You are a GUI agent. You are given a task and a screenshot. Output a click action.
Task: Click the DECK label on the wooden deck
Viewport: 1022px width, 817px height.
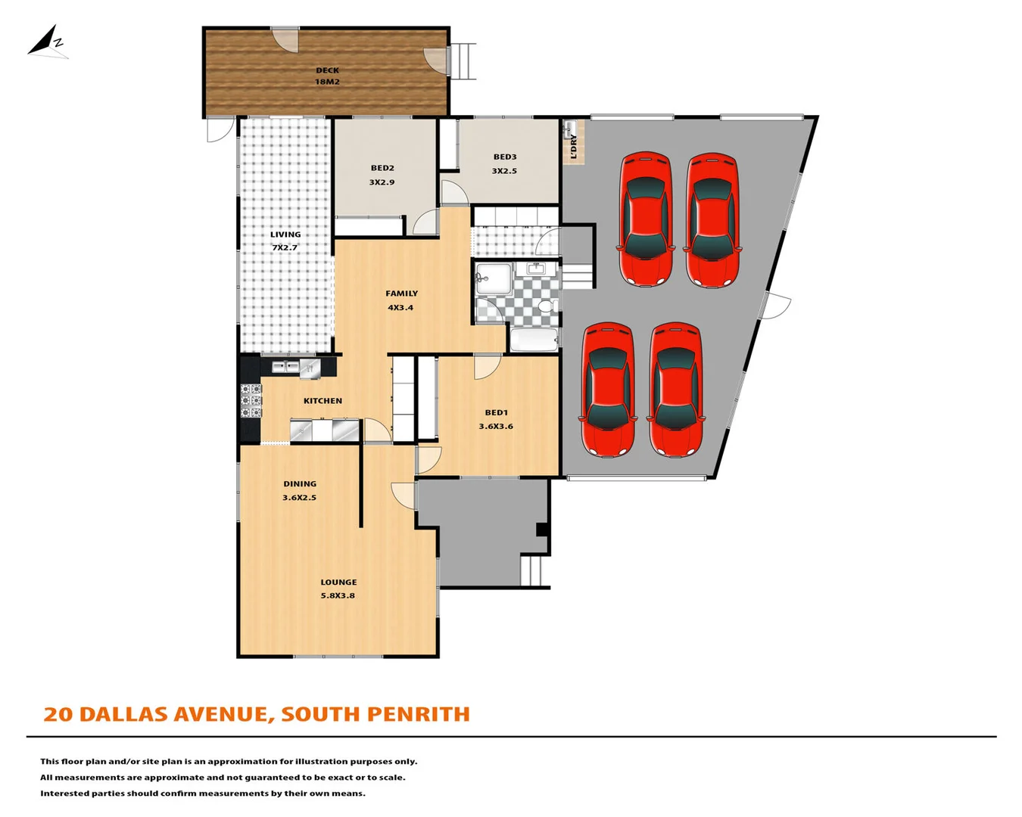(x=327, y=70)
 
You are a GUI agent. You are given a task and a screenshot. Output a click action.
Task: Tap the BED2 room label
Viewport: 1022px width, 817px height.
(x=382, y=168)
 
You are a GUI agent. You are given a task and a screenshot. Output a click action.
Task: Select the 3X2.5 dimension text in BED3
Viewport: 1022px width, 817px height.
(x=504, y=171)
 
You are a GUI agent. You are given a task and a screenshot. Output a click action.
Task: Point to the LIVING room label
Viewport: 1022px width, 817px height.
(x=285, y=235)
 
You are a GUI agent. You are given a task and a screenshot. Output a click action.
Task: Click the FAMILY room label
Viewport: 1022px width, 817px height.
(x=401, y=294)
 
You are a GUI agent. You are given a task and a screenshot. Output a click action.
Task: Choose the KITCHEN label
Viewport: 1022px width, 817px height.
(x=322, y=401)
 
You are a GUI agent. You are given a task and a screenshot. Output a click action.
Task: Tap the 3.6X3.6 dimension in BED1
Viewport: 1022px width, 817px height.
(x=496, y=427)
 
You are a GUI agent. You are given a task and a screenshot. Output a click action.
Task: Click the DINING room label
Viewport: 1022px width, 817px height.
(x=300, y=484)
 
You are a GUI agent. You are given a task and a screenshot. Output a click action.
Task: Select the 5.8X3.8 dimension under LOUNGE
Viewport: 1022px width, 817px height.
(x=338, y=596)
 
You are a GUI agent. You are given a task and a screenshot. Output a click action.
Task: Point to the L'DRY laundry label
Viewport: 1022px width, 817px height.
(x=573, y=146)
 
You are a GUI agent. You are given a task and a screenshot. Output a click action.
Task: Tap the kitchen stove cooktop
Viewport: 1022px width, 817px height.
(x=251, y=401)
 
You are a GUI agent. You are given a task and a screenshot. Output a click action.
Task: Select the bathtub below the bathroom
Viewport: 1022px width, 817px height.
(x=534, y=340)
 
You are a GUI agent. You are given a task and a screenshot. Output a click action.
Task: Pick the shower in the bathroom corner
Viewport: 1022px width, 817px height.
(x=492, y=278)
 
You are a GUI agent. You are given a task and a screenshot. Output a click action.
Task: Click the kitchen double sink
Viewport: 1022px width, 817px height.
(x=285, y=367)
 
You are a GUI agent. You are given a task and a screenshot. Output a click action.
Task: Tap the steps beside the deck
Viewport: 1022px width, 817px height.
(x=463, y=61)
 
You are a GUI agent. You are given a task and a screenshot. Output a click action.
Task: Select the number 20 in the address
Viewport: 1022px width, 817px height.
(x=58, y=714)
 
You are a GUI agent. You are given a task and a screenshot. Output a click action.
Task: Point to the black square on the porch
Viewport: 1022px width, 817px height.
(x=542, y=530)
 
